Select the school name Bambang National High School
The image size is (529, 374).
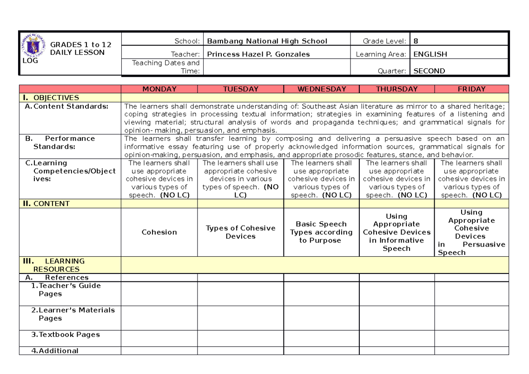[x=267, y=41]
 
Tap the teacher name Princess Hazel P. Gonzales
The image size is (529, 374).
[x=258, y=54]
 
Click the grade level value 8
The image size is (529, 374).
[x=416, y=41]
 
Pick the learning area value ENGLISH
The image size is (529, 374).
[x=430, y=54]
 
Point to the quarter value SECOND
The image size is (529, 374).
[x=429, y=71]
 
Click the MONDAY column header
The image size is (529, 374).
[x=159, y=89]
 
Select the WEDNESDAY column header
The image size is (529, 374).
[x=321, y=89]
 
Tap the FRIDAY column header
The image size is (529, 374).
[x=471, y=89]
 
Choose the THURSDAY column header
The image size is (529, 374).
[x=396, y=89]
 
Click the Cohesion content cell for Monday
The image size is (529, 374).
[x=159, y=232]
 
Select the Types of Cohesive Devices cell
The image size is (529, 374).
[x=240, y=232]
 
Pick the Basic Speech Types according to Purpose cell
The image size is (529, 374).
[x=321, y=232]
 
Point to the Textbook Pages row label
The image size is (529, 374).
[x=65, y=335]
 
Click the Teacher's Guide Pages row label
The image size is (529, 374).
[x=66, y=290]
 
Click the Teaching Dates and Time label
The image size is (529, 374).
[x=166, y=67]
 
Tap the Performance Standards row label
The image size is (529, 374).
[x=60, y=142]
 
